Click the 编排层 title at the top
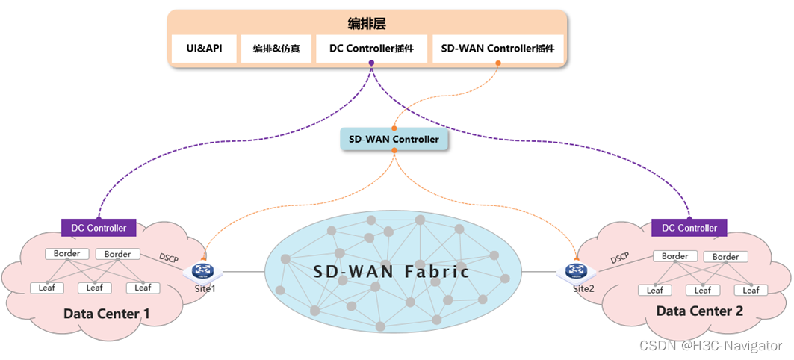pyautogui.click(x=367, y=23)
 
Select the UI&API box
pyautogui.click(x=204, y=49)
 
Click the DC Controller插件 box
pyautogui.click(x=371, y=49)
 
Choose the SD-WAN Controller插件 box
pyautogui.click(x=497, y=49)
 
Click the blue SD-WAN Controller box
pyautogui.click(x=394, y=139)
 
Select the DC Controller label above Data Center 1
pyautogui.click(x=99, y=228)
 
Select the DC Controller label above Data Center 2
pyautogui.click(x=689, y=228)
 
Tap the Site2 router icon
pyautogui.click(x=574, y=271)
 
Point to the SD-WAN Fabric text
pyautogui.click(x=392, y=271)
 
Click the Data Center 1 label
pyautogui.click(x=107, y=314)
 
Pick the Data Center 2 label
pyautogui.click(x=699, y=311)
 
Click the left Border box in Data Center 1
pyautogui.click(x=66, y=254)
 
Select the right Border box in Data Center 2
pyautogui.click(x=725, y=257)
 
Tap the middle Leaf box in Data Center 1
pyautogui.click(x=94, y=288)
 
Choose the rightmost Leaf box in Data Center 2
pyautogui.click(x=751, y=290)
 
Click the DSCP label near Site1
pyautogui.click(x=170, y=258)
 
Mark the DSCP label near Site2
pyautogui.click(x=619, y=258)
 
